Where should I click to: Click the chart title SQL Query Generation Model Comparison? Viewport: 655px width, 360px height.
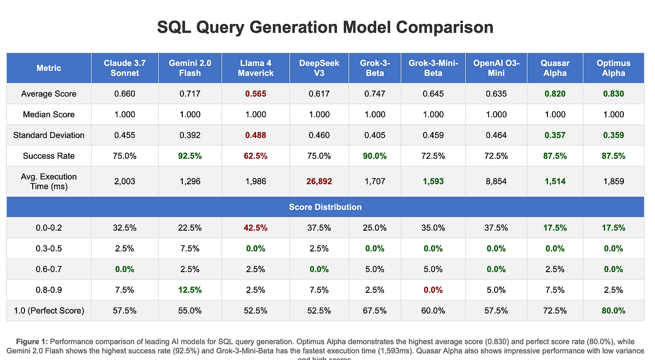click(x=325, y=27)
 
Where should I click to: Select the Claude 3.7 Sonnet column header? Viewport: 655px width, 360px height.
click(x=124, y=68)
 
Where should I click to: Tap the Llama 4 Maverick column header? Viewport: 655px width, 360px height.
click(x=255, y=68)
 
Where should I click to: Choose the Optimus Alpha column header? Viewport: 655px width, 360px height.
click(x=614, y=68)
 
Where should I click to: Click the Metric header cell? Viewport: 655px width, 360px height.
click(x=49, y=68)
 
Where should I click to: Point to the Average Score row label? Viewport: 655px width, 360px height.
click(x=49, y=94)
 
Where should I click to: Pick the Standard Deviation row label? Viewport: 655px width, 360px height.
click(x=49, y=135)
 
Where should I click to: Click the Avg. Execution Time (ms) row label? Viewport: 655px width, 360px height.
click(x=49, y=181)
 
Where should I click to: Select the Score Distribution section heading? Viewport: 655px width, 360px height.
click(x=325, y=207)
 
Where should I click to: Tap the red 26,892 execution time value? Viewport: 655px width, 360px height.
click(x=319, y=181)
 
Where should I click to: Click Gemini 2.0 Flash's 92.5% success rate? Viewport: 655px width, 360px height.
click(x=190, y=156)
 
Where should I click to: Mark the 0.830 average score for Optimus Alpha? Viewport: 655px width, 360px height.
click(x=614, y=94)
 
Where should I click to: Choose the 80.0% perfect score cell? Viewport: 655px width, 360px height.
click(x=614, y=311)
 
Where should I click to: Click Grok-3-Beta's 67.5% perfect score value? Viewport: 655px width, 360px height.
click(x=374, y=311)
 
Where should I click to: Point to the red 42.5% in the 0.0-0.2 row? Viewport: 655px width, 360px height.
click(x=255, y=228)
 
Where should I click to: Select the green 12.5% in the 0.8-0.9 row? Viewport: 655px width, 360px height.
click(x=190, y=290)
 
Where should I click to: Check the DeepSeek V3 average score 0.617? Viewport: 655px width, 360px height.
click(x=319, y=94)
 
